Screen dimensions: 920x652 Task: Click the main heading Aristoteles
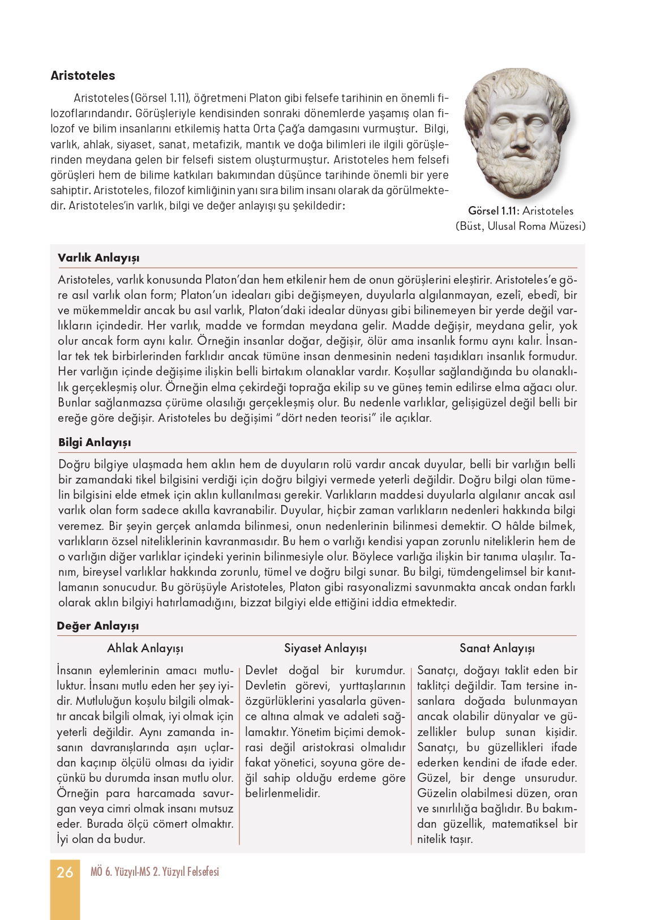pyautogui.click(x=83, y=76)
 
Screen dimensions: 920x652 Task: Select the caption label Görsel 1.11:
pyautogui.click(x=493, y=211)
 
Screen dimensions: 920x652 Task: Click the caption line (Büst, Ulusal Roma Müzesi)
pyautogui.click(x=520, y=226)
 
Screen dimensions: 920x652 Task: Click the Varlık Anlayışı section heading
pyautogui.click(x=98, y=258)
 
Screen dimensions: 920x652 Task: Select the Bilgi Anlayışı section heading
pyautogui.click(x=95, y=442)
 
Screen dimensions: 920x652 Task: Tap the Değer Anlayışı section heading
pyautogui.click(x=97, y=626)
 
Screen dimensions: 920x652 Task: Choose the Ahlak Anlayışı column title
pyautogui.click(x=145, y=648)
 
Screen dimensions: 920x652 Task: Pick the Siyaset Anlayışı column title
pyautogui.click(x=325, y=648)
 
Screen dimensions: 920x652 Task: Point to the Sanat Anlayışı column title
pyautogui.click(x=497, y=648)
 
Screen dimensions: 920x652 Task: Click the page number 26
pyautogui.click(x=65, y=872)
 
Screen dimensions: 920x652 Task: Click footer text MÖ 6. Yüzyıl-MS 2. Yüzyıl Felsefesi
pyautogui.click(x=155, y=872)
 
